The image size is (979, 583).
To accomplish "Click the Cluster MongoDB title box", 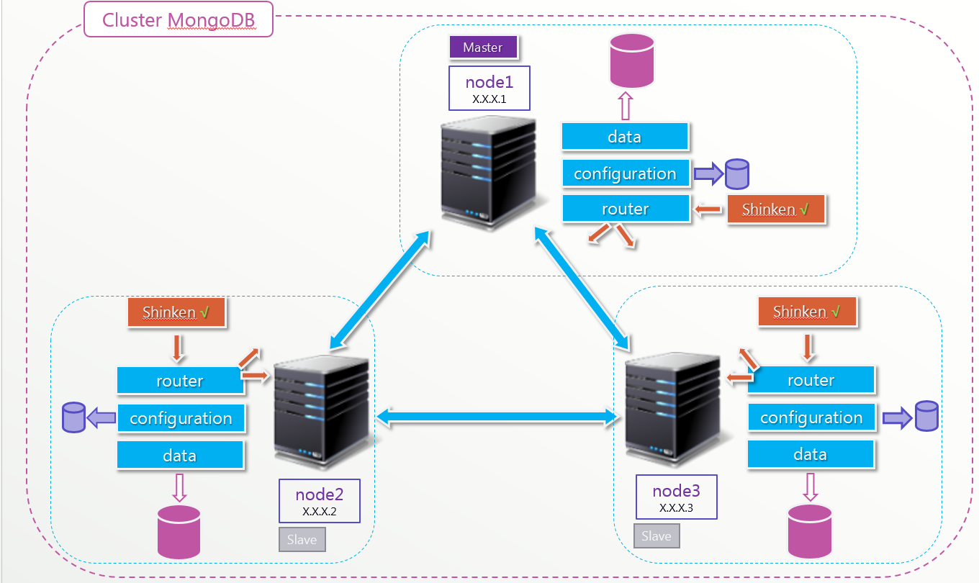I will coord(179,19).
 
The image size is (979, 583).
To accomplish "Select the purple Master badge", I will coord(483,48).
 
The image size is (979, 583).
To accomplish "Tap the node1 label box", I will coord(489,89).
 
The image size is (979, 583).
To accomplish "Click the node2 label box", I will coord(319,501).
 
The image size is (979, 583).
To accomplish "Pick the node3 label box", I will coord(676,497).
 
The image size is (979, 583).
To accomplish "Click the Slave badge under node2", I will coord(302,540).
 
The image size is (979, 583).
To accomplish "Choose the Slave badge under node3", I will coord(657,536).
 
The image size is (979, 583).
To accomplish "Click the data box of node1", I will coord(625,137).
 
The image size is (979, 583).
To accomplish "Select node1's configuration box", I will coord(625,173).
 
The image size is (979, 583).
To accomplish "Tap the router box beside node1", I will coord(625,209).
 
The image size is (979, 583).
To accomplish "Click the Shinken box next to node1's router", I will coord(775,209).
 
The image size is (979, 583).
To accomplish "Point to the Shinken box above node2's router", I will coord(176,312).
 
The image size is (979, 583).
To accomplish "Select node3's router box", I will coord(811,380).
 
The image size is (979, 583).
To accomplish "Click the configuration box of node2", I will coord(181,418).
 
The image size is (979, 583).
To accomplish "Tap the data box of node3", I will coord(811,454).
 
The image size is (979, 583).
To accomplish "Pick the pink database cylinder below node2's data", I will coord(180,532).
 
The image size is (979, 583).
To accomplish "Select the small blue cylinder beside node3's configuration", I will coord(926,416).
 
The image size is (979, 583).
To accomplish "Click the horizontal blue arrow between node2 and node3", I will coord(500,415).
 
